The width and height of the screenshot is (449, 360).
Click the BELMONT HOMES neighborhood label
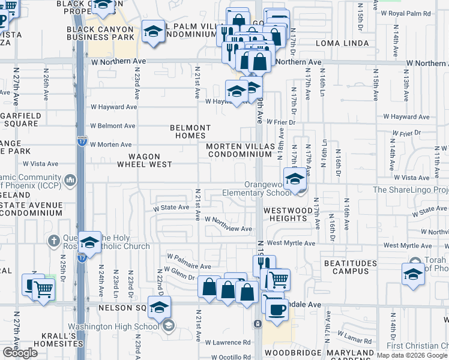point(190,131)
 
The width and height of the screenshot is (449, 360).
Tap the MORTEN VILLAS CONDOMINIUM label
point(240,150)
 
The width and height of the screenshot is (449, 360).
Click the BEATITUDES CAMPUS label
point(350,268)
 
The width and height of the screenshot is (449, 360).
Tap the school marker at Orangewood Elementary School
point(295,179)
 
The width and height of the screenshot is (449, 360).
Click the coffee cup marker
point(277,309)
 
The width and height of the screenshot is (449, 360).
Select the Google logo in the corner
point(20,353)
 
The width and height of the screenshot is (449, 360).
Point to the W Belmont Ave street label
point(110,126)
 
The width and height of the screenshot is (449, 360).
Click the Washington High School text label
point(113,327)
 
